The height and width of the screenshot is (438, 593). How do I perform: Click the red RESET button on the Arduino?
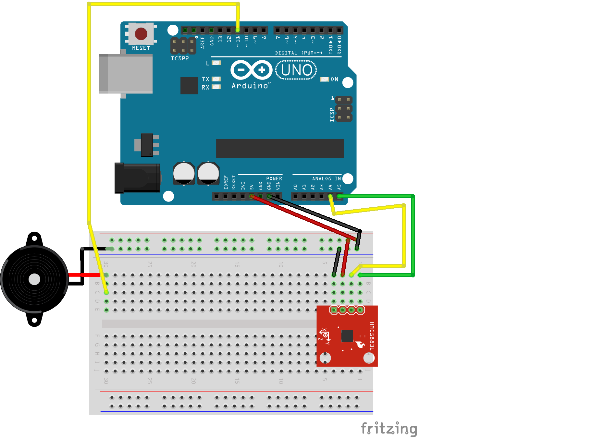point(141,34)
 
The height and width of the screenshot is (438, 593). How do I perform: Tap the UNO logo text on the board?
point(296,70)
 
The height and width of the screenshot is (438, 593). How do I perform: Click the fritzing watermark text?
point(389,429)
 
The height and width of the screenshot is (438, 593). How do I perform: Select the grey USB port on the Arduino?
point(126,74)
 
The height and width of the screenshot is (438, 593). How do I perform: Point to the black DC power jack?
point(137,178)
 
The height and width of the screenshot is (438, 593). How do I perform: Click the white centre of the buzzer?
point(34,279)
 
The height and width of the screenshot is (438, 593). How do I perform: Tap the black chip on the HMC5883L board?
point(347,336)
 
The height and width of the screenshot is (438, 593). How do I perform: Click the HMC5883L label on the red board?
point(372,336)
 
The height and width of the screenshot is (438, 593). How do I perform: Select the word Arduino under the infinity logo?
point(250,86)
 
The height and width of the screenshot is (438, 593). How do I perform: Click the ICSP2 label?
point(180,58)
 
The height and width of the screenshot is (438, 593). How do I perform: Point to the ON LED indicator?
point(324,79)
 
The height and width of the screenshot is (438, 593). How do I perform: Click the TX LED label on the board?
point(205,79)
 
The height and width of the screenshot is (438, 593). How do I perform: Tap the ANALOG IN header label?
point(326,179)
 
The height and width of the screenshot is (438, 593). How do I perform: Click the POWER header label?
point(274,179)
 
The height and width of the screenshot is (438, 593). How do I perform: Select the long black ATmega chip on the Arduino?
point(280,149)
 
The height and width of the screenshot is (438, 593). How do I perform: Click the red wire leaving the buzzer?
point(84,275)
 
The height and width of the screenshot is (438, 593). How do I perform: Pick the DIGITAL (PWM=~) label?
point(299,53)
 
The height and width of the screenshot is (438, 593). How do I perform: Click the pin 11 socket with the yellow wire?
point(238,30)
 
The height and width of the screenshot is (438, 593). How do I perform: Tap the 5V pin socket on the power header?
point(252,196)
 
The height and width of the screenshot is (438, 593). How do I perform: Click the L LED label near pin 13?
point(208,63)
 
